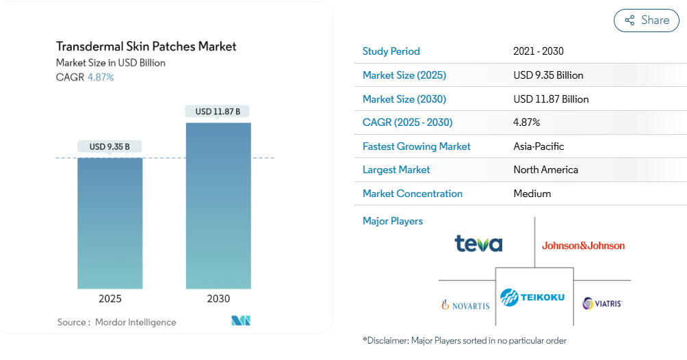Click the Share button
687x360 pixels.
click(646, 20)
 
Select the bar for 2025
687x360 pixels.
click(110, 223)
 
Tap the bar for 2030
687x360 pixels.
click(219, 205)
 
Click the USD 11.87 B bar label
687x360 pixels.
click(218, 112)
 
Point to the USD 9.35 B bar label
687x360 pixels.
click(109, 146)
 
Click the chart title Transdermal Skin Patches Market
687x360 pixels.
click(146, 47)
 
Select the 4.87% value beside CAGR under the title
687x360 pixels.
click(101, 77)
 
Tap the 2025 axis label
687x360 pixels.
click(110, 298)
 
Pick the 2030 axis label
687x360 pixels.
click(218, 298)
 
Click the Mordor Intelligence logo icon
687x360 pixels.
click(241, 320)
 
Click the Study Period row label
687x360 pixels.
click(391, 51)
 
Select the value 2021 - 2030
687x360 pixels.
click(538, 51)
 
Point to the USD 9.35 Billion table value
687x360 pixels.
click(548, 75)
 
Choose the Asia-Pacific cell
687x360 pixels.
click(539, 146)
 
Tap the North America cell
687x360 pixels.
click(545, 170)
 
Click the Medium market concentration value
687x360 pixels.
click(532, 194)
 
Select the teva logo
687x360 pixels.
click(478, 244)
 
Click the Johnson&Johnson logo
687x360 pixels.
click(583, 246)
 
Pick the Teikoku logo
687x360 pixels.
click(532, 297)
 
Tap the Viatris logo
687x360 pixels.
click(602, 303)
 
